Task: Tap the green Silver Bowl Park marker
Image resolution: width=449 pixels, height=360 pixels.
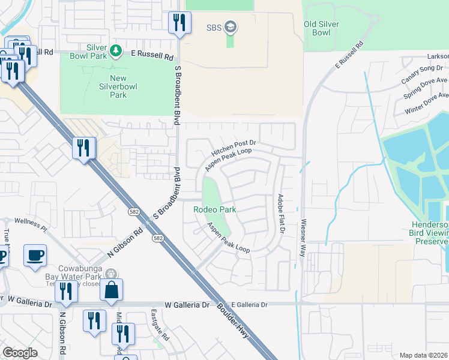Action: [116, 50]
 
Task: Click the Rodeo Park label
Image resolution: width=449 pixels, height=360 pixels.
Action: [214, 209]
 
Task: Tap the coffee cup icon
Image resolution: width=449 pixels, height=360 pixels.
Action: [35, 255]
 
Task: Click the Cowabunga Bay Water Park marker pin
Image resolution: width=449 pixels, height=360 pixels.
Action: [111, 273]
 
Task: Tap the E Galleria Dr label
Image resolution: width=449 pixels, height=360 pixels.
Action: [244, 305]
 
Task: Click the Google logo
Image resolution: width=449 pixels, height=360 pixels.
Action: [20, 353]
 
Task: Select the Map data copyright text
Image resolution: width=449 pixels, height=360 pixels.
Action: [424, 355]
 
